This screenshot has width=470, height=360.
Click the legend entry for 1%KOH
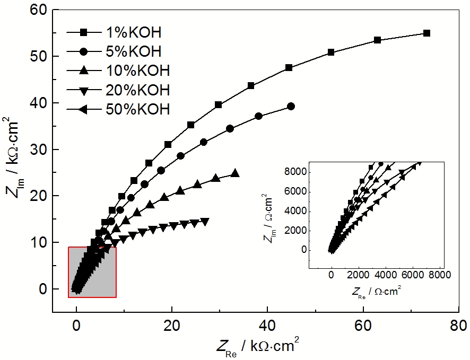point(133,33)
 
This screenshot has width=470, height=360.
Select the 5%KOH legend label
point(133,52)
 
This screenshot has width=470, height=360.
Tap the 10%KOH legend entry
point(137,71)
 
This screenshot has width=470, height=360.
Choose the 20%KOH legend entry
point(137,90)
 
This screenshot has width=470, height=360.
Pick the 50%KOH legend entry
point(137,109)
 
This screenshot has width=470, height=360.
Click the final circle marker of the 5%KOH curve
point(291,106)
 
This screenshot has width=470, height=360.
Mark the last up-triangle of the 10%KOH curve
point(235,173)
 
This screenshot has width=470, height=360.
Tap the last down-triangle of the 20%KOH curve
point(205,221)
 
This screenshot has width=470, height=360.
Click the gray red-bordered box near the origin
point(92,272)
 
